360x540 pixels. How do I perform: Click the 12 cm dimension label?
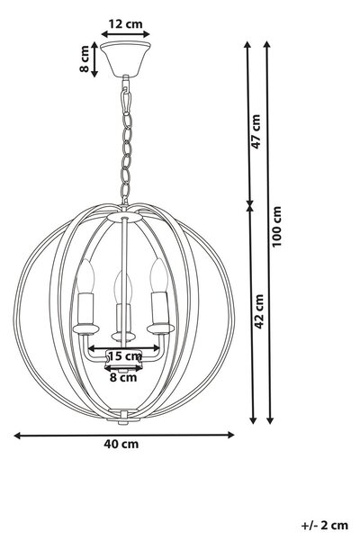tap(125, 24)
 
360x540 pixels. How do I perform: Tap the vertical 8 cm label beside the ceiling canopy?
tap(85, 58)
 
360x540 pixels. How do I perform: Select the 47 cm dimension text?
tap(256, 131)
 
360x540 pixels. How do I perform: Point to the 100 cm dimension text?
tap(276, 226)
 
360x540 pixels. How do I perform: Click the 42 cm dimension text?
tap(258, 311)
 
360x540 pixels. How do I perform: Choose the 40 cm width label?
tap(121, 444)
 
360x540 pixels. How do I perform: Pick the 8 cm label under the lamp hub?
tap(123, 377)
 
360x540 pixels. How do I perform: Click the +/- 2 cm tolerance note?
tap(325, 526)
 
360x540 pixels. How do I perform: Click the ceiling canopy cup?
tap(125, 58)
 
